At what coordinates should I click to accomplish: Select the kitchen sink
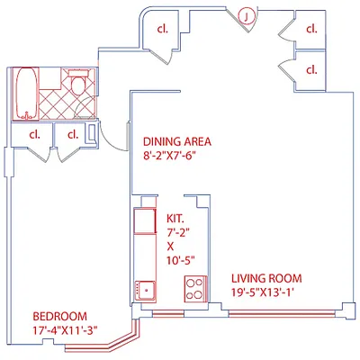144,289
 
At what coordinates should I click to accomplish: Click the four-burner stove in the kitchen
193,289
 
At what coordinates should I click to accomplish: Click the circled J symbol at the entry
243,15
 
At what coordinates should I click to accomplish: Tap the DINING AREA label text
177,141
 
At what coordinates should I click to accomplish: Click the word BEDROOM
59,316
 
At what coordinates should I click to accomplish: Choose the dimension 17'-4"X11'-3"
64,329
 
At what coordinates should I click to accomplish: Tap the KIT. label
175,217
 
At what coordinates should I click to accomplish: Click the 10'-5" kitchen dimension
175,258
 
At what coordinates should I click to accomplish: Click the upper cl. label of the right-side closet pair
311,29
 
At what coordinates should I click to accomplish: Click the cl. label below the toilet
71,135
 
